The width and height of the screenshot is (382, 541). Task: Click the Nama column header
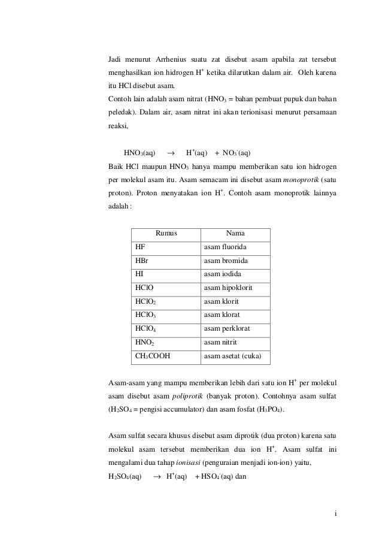pos(235,234)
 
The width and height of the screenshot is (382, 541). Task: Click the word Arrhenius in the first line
pos(171,61)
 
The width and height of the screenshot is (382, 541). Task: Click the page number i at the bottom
pos(336,513)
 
